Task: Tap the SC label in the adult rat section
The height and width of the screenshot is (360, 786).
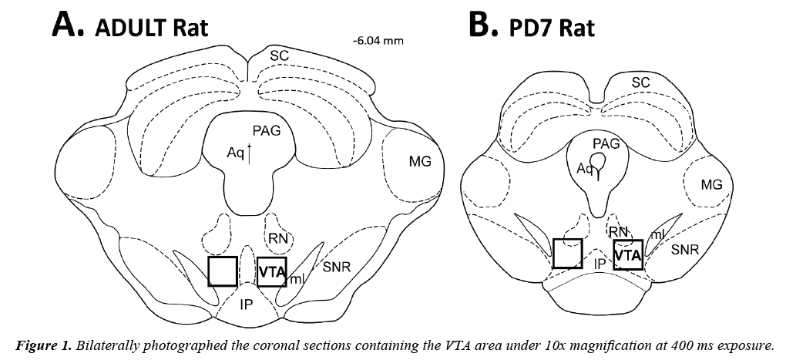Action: pos(279,56)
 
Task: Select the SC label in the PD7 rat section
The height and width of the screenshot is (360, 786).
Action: pos(640,82)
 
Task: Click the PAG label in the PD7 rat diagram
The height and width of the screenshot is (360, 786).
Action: pos(606,143)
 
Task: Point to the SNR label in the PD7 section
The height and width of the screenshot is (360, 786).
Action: pos(685,250)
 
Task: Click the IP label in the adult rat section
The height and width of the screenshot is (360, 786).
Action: pos(246,304)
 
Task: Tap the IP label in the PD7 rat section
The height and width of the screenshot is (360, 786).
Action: pos(599,263)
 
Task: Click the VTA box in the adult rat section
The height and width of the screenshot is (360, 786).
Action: pos(271,272)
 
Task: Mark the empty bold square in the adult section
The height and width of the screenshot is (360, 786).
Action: pos(223,271)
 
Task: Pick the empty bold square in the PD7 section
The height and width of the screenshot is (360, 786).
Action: pos(568,252)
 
